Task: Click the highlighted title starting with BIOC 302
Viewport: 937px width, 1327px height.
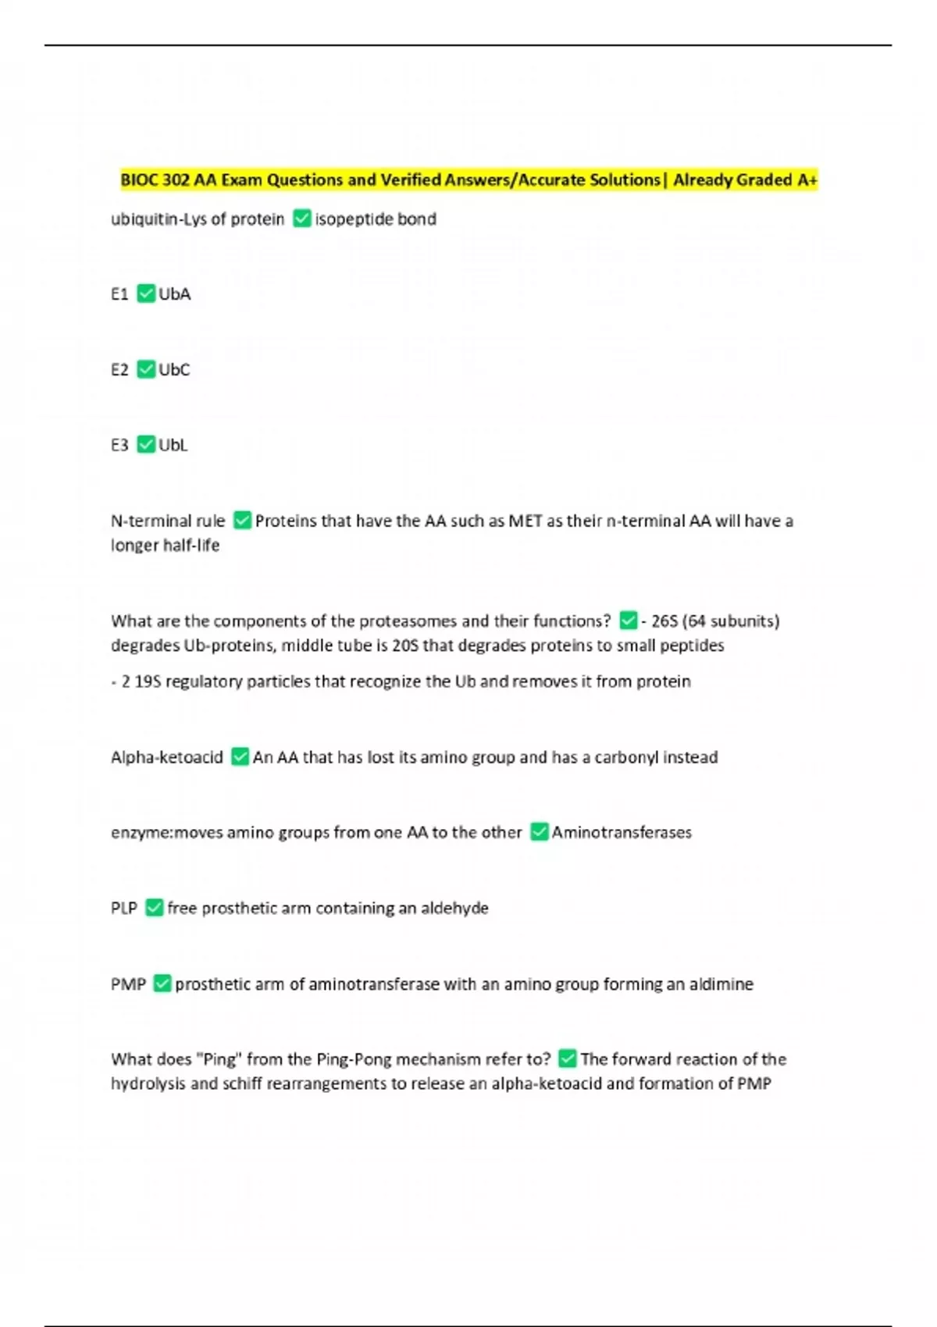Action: click(x=468, y=180)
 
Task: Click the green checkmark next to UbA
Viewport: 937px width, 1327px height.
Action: click(x=146, y=294)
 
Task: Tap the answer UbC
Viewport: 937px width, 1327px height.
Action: click(x=174, y=369)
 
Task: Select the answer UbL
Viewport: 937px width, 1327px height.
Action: click(x=173, y=445)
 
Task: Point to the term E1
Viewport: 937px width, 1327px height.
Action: click(x=119, y=294)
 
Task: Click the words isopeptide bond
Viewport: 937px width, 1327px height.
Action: click(x=376, y=219)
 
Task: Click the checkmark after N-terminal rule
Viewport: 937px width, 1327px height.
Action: click(x=242, y=520)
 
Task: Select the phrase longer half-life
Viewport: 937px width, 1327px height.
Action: click(x=165, y=545)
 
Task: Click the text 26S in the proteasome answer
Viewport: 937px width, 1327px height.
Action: click(x=664, y=621)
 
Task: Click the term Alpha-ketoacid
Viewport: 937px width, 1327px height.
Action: click(x=167, y=757)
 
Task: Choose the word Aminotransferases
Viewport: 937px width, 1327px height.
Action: click(x=622, y=833)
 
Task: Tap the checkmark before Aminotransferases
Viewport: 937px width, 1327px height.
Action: click(x=539, y=832)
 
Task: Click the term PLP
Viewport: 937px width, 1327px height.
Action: click(x=124, y=908)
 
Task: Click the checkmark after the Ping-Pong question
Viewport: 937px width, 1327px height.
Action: click(x=568, y=1058)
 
